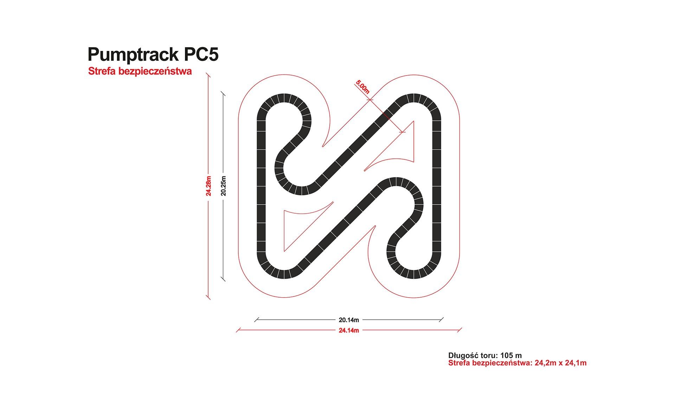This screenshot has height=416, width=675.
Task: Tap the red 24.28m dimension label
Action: pyautogui.click(x=208, y=186)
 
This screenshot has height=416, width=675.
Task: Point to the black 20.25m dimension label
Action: pyautogui.click(x=223, y=185)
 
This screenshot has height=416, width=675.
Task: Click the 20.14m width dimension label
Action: pyautogui.click(x=349, y=320)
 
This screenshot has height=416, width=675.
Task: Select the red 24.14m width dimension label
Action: pyautogui.click(x=349, y=330)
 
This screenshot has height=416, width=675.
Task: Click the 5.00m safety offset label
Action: pyautogui.click(x=362, y=87)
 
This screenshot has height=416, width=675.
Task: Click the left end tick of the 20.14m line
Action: pyautogui.click(x=256, y=320)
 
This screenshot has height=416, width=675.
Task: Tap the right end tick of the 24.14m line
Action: pyautogui.click(x=459, y=330)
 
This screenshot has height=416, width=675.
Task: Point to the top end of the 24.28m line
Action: pyautogui.click(x=208, y=75)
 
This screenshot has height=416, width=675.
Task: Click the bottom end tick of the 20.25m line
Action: pyautogui.click(x=223, y=279)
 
